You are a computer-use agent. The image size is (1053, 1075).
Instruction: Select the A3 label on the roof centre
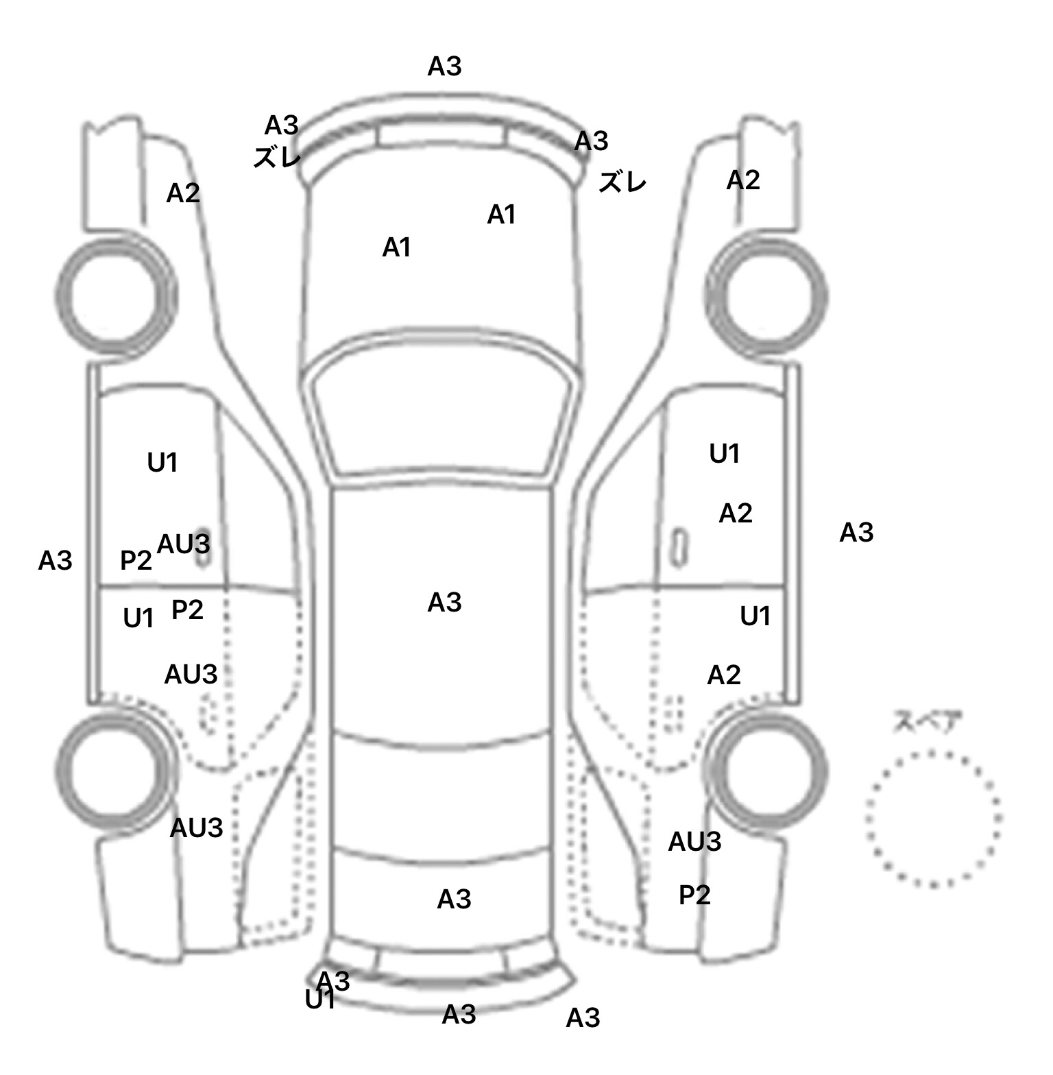click(444, 603)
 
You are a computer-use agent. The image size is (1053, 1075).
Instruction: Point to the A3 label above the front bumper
click(444, 67)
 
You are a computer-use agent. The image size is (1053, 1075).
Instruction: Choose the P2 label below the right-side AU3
click(694, 895)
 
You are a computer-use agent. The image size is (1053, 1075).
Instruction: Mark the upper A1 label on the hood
click(501, 215)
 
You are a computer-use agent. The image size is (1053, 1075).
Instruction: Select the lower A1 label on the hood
click(397, 247)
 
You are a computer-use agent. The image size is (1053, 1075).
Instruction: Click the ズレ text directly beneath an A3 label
click(277, 158)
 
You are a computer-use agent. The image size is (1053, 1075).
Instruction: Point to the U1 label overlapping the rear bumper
click(319, 1000)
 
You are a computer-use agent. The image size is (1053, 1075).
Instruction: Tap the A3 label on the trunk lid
click(454, 899)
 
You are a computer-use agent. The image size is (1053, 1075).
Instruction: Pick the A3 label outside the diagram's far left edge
click(55, 561)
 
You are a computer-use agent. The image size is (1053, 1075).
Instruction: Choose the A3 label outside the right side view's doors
click(856, 532)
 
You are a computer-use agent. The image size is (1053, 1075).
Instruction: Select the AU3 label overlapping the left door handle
click(184, 544)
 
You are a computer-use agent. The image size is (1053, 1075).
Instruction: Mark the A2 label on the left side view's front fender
click(183, 194)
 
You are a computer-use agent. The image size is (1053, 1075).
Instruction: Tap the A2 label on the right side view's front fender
click(743, 180)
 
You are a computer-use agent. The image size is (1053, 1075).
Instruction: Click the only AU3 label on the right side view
click(694, 841)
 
